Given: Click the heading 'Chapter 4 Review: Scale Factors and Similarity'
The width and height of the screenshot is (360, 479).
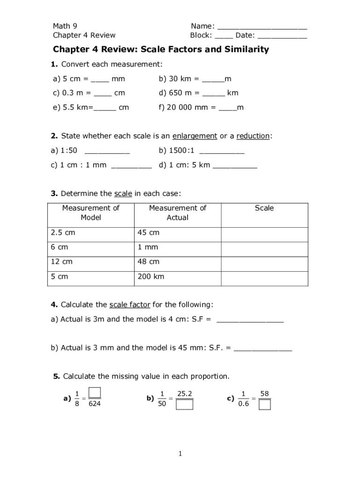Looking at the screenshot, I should (161, 50).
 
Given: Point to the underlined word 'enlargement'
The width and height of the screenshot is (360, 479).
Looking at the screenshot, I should (194, 136).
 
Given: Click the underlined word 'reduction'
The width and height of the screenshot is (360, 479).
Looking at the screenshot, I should (253, 136).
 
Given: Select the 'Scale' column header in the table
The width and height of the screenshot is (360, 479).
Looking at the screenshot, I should (264, 208).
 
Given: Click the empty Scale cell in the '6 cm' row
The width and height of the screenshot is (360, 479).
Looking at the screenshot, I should (264, 247).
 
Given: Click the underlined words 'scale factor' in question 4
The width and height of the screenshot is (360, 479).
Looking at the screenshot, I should (130, 305).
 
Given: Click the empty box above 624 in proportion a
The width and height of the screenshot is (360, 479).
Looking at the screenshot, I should (94, 392).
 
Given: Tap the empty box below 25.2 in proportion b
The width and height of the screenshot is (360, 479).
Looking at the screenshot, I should (184, 404).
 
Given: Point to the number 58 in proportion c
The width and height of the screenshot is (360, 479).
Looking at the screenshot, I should (265, 394).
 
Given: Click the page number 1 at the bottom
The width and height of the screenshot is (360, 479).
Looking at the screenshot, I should (180, 454).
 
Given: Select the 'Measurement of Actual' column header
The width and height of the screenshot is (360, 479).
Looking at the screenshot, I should (177, 213).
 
